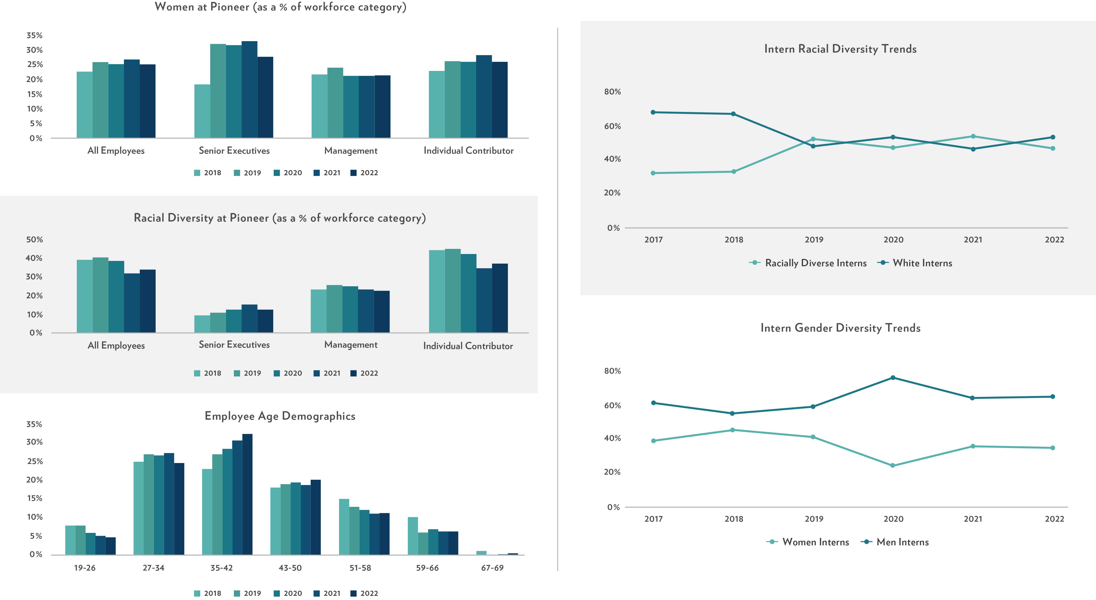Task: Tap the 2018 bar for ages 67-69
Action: pyautogui.click(x=481, y=553)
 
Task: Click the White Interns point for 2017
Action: pyautogui.click(x=653, y=112)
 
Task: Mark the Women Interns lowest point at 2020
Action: pyautogui.click(x=893, y=466)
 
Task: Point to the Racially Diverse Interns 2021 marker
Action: pyautogui.click(x=973, y=137)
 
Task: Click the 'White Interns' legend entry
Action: pyautogui.click(x=922, y=263)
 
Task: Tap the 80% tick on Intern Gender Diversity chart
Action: pyautogui.click(x=612, y=371)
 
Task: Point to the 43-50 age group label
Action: pyautogui.click(x=290, y=568)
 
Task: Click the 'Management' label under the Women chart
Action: pyautogui.click(x=351, y=151)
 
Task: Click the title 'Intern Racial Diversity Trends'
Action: pyautogui.click(x=840, y=49)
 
